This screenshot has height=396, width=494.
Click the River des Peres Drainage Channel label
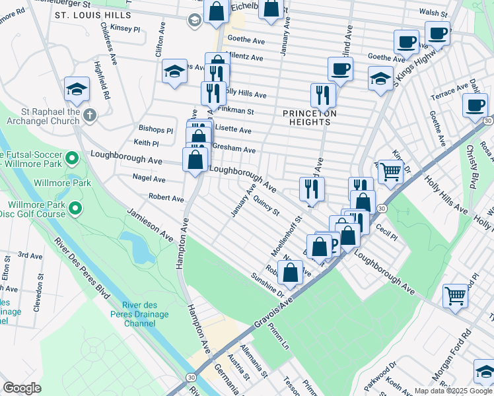click(149, 315)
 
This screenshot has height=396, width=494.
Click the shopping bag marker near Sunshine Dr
click(290, 271)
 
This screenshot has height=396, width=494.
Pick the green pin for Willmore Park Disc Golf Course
click(76, 209)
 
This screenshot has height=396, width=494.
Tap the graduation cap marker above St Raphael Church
click(77, 89)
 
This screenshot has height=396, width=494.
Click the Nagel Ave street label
click(149, 178)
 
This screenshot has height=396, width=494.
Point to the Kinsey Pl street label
click(125, 29)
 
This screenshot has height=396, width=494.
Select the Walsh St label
click(433, 13)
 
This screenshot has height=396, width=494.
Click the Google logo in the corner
click(22, 388)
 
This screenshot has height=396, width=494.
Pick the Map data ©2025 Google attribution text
click(452, 391)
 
